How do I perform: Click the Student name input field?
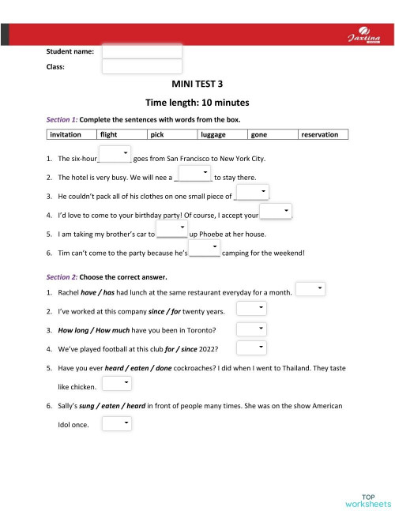(142, 51)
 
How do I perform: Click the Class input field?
(142, 67)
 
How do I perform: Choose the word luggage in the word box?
(214, 135)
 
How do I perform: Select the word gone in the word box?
(258, 135)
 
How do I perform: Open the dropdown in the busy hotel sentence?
(194, 172)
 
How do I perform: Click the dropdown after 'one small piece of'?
(253, 192)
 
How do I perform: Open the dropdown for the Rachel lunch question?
(310, 290)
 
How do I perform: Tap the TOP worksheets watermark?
(368, 498)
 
